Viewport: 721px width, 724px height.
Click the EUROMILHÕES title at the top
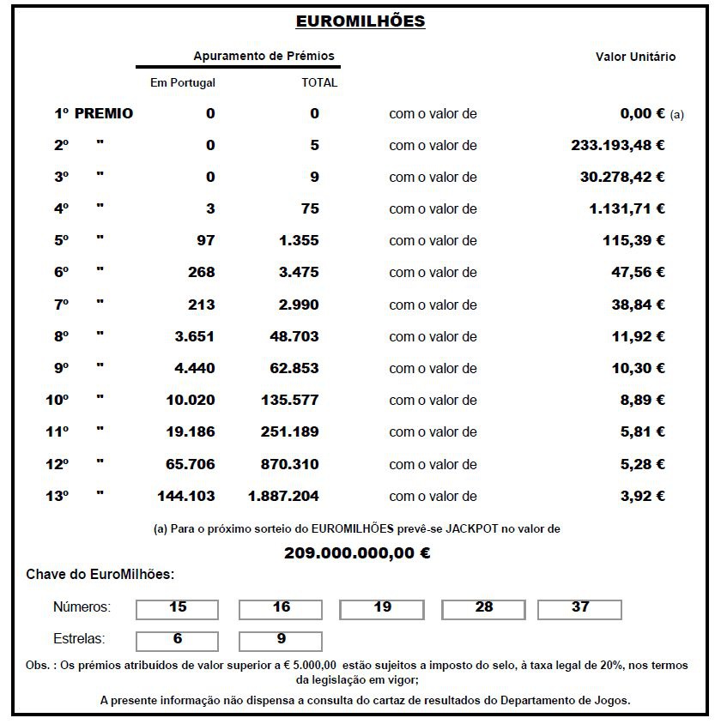click(360, 21)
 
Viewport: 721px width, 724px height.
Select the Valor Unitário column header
click(635, 57)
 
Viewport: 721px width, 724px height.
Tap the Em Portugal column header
click(182, 83)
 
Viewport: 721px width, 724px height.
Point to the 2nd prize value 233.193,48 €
click(617, 145)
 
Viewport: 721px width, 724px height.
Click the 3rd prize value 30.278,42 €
click(622, 177)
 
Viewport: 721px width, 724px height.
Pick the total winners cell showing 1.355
click(299, 241)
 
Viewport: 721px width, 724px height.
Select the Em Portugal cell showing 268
click(201, 273)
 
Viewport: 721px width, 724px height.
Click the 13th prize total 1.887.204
click(283, 496)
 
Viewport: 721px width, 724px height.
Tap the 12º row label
click(58, 464)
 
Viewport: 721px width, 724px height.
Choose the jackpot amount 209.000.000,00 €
click(357, 553)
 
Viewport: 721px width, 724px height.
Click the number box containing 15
click(178, 608)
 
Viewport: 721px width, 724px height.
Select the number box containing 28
click(484, 608)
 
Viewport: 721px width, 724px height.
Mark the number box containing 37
click(580, 608)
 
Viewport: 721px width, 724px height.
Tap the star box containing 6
click(178, 640)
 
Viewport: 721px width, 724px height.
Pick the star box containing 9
click(281, 640)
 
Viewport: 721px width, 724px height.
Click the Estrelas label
click(79, 639)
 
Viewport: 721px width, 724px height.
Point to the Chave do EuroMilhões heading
click(100, 575)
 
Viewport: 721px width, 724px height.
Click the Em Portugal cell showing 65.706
click(190, 464)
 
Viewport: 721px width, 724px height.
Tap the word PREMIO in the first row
click(104, 113)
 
